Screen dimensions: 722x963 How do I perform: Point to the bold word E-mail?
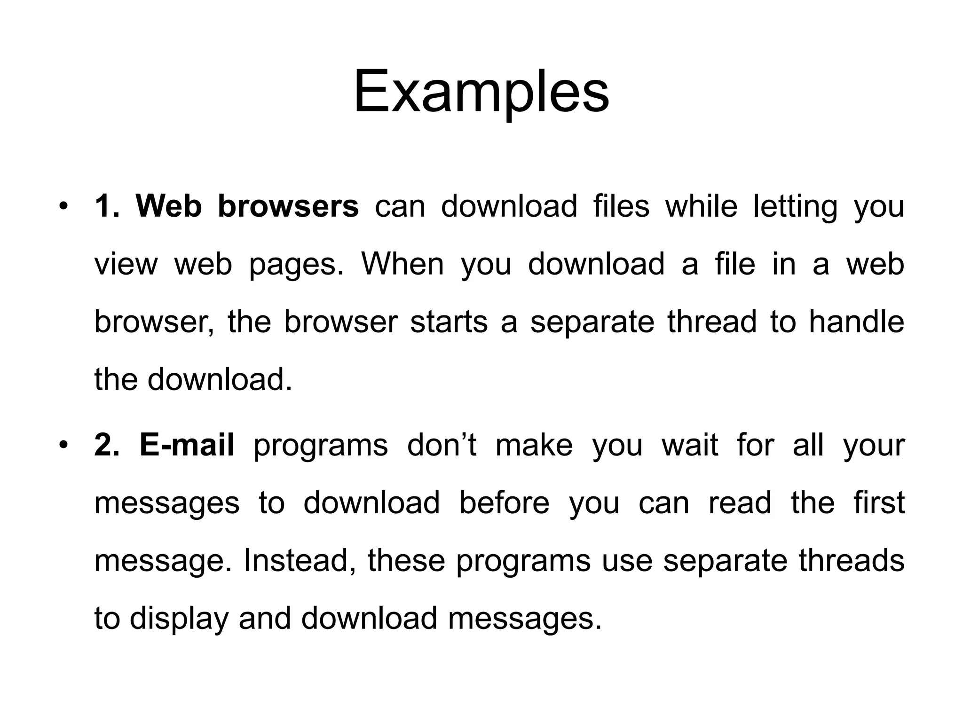[187, 445]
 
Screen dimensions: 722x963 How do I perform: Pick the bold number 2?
[106, 445]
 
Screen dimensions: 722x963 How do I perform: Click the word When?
[403, 264]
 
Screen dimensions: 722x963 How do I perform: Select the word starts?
[449, 322]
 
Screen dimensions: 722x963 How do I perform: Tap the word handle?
[856, 322]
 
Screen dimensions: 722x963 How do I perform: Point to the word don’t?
[442, 445]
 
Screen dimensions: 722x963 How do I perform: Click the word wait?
[690, 445]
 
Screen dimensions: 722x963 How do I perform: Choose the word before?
[504, 502]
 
